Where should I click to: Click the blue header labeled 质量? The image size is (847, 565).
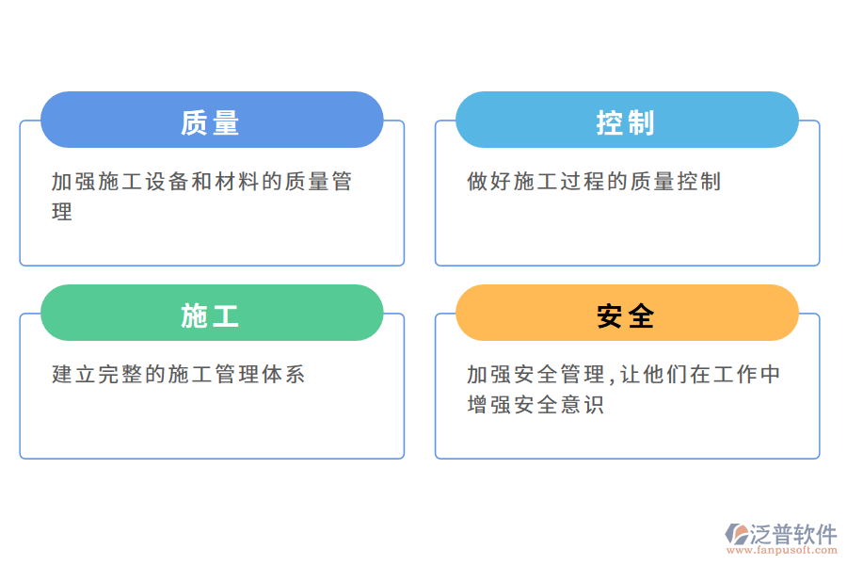click(212, 120)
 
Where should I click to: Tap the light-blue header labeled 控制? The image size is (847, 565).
click(627, 120)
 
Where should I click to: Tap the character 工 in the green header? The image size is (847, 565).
click(227, 316)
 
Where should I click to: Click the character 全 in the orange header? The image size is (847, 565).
click(641, 316)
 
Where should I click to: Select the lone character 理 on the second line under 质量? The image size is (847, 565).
click(62, 212)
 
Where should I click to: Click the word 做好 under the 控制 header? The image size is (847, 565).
click(489, 182)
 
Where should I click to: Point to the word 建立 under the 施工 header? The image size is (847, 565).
click(74, 375)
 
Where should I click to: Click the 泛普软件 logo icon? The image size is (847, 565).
click(736, 535)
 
